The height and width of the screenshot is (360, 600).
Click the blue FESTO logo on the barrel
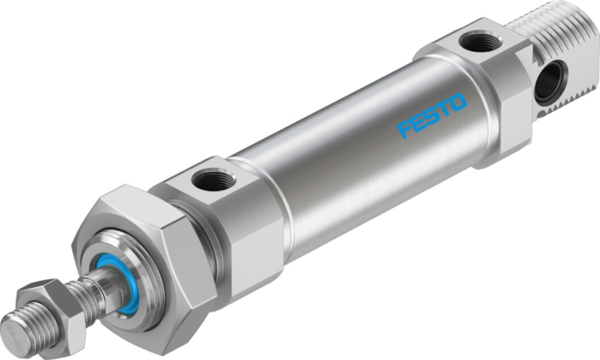pos(432,114)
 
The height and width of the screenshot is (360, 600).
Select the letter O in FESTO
pos(458,102)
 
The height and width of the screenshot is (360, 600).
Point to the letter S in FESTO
pos(432,114)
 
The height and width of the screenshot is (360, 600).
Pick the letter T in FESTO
pos(445,108)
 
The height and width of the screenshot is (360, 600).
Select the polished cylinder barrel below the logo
pos(352,172)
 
